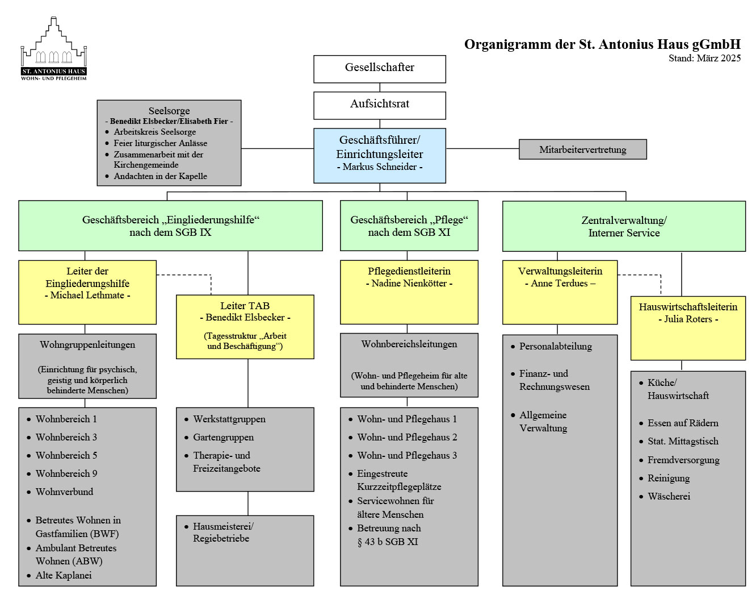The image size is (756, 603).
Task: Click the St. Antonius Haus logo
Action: pyautogui.click(x=54, y=49)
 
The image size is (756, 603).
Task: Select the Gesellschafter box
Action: pyautogui.click(x=380, y=68)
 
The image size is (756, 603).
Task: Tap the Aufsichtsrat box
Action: pyautogui.click(x=380, y=105)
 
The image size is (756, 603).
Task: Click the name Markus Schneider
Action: pyautogui.click(x=380, y=167)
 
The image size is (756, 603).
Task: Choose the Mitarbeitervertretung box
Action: pyautogui.click(x=582, y=149)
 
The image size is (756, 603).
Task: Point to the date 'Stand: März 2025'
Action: pyautogui.click(x=704, y=58)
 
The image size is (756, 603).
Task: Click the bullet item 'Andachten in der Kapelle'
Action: pyautogui.click(x=160, y=176)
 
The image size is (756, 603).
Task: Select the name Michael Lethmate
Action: pyautogui.click(x=87, y=296)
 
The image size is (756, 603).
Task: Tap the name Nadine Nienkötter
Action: pyautogui.click(x=409, y=284)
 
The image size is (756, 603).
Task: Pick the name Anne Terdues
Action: pyautogui.click(x=560, y=284)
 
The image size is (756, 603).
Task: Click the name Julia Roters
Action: pyautogui.click(x=688, y=319)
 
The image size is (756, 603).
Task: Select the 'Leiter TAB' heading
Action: pyautogui.click(x=245, y=306)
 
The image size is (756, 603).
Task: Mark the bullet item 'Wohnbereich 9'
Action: pyautogui.click(x=66, y=473)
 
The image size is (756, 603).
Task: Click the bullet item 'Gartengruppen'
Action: pyautogui.click(x=223, y=437)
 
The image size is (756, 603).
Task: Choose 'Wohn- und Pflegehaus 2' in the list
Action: pyautogui.click(x=406, y=437)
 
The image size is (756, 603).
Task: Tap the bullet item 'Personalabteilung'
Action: pyautogui.click(x=555, y=346)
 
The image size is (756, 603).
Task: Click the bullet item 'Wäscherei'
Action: pyautogui.click(x=669, y=496)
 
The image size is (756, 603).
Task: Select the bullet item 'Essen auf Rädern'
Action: pyautogui.click(x=683, y=423)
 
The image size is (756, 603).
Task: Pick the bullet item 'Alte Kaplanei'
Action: pyautogui.click(x=63, y=575)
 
